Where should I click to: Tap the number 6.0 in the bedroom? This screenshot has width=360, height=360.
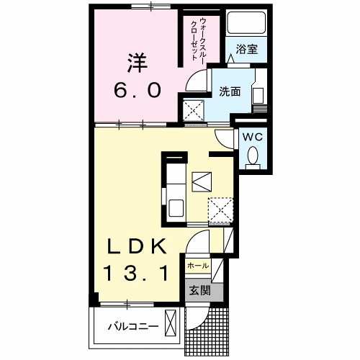coord(143,91)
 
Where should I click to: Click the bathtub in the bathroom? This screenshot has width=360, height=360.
coord(243,24)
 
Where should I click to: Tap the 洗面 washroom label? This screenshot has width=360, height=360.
coord(230,92)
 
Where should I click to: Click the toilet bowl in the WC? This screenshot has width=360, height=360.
coord(252,156)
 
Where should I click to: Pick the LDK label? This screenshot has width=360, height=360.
coord(138,246)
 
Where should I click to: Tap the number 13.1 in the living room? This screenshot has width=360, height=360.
coord(140,273)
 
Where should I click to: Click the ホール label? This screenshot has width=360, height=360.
coord(198,266)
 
